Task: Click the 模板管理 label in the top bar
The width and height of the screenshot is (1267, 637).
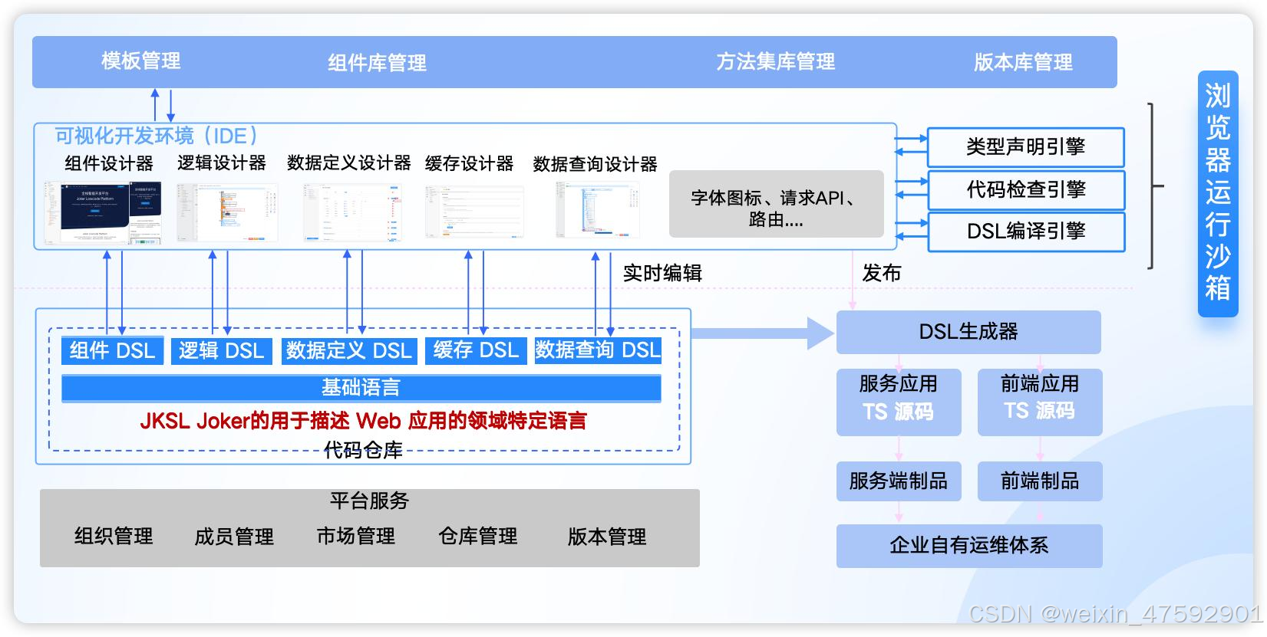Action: click(140, 61)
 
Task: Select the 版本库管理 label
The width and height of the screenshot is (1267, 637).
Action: click(1023, 62)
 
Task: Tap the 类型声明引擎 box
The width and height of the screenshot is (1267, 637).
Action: click(1025, 147)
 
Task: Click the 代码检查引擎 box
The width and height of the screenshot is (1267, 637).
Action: click(1025, 189)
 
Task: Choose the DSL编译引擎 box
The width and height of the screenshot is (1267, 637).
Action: click(1025, 231)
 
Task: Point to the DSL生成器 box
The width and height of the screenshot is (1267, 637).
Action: click(968, 332)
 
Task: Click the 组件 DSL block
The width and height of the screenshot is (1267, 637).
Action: click(112, 350)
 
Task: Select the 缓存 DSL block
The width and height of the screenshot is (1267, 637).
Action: click(476, 350)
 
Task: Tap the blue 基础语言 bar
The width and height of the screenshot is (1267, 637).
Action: click(361, 388)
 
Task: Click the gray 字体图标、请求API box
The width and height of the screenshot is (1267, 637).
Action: click(776, 205)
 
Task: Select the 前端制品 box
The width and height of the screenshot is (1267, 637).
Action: click(1039, 481)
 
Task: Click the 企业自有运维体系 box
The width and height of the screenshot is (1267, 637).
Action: click(968, 546)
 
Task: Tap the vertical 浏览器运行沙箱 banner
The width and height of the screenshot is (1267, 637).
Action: click(1217, 193)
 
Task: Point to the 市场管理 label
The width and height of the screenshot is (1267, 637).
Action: click(355, 536)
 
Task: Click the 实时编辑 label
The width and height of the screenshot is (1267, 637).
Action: click(662, 273)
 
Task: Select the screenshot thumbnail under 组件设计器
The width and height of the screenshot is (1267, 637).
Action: click(102, 212)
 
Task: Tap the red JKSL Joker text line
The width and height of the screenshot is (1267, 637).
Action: click(363, 421)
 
